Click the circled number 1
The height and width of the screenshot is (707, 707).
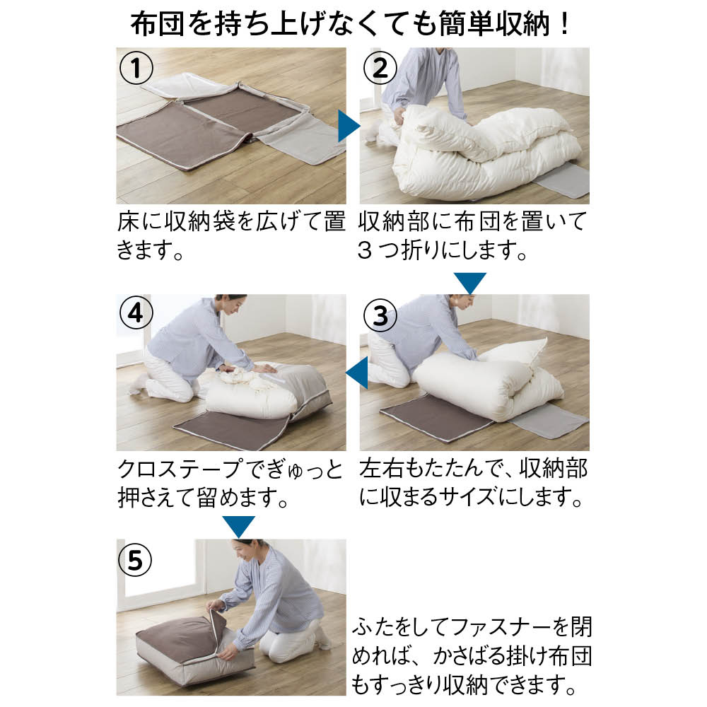pyautogui.click(x=136, y=68)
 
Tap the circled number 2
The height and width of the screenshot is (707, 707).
pyautogui.click(x=380, y=68)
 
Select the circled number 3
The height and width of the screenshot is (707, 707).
pyautogui.click(x=380, y=315)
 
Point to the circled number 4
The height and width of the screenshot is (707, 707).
pyautogui.click(x=136, y=313)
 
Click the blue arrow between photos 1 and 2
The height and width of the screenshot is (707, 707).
pyautogui.click(x=348, y=127)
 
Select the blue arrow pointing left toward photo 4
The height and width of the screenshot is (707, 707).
pyautogui.click(x=357, y=373)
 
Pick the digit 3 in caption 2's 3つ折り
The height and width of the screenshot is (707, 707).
pyautogui.click(x=366, y=250)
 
